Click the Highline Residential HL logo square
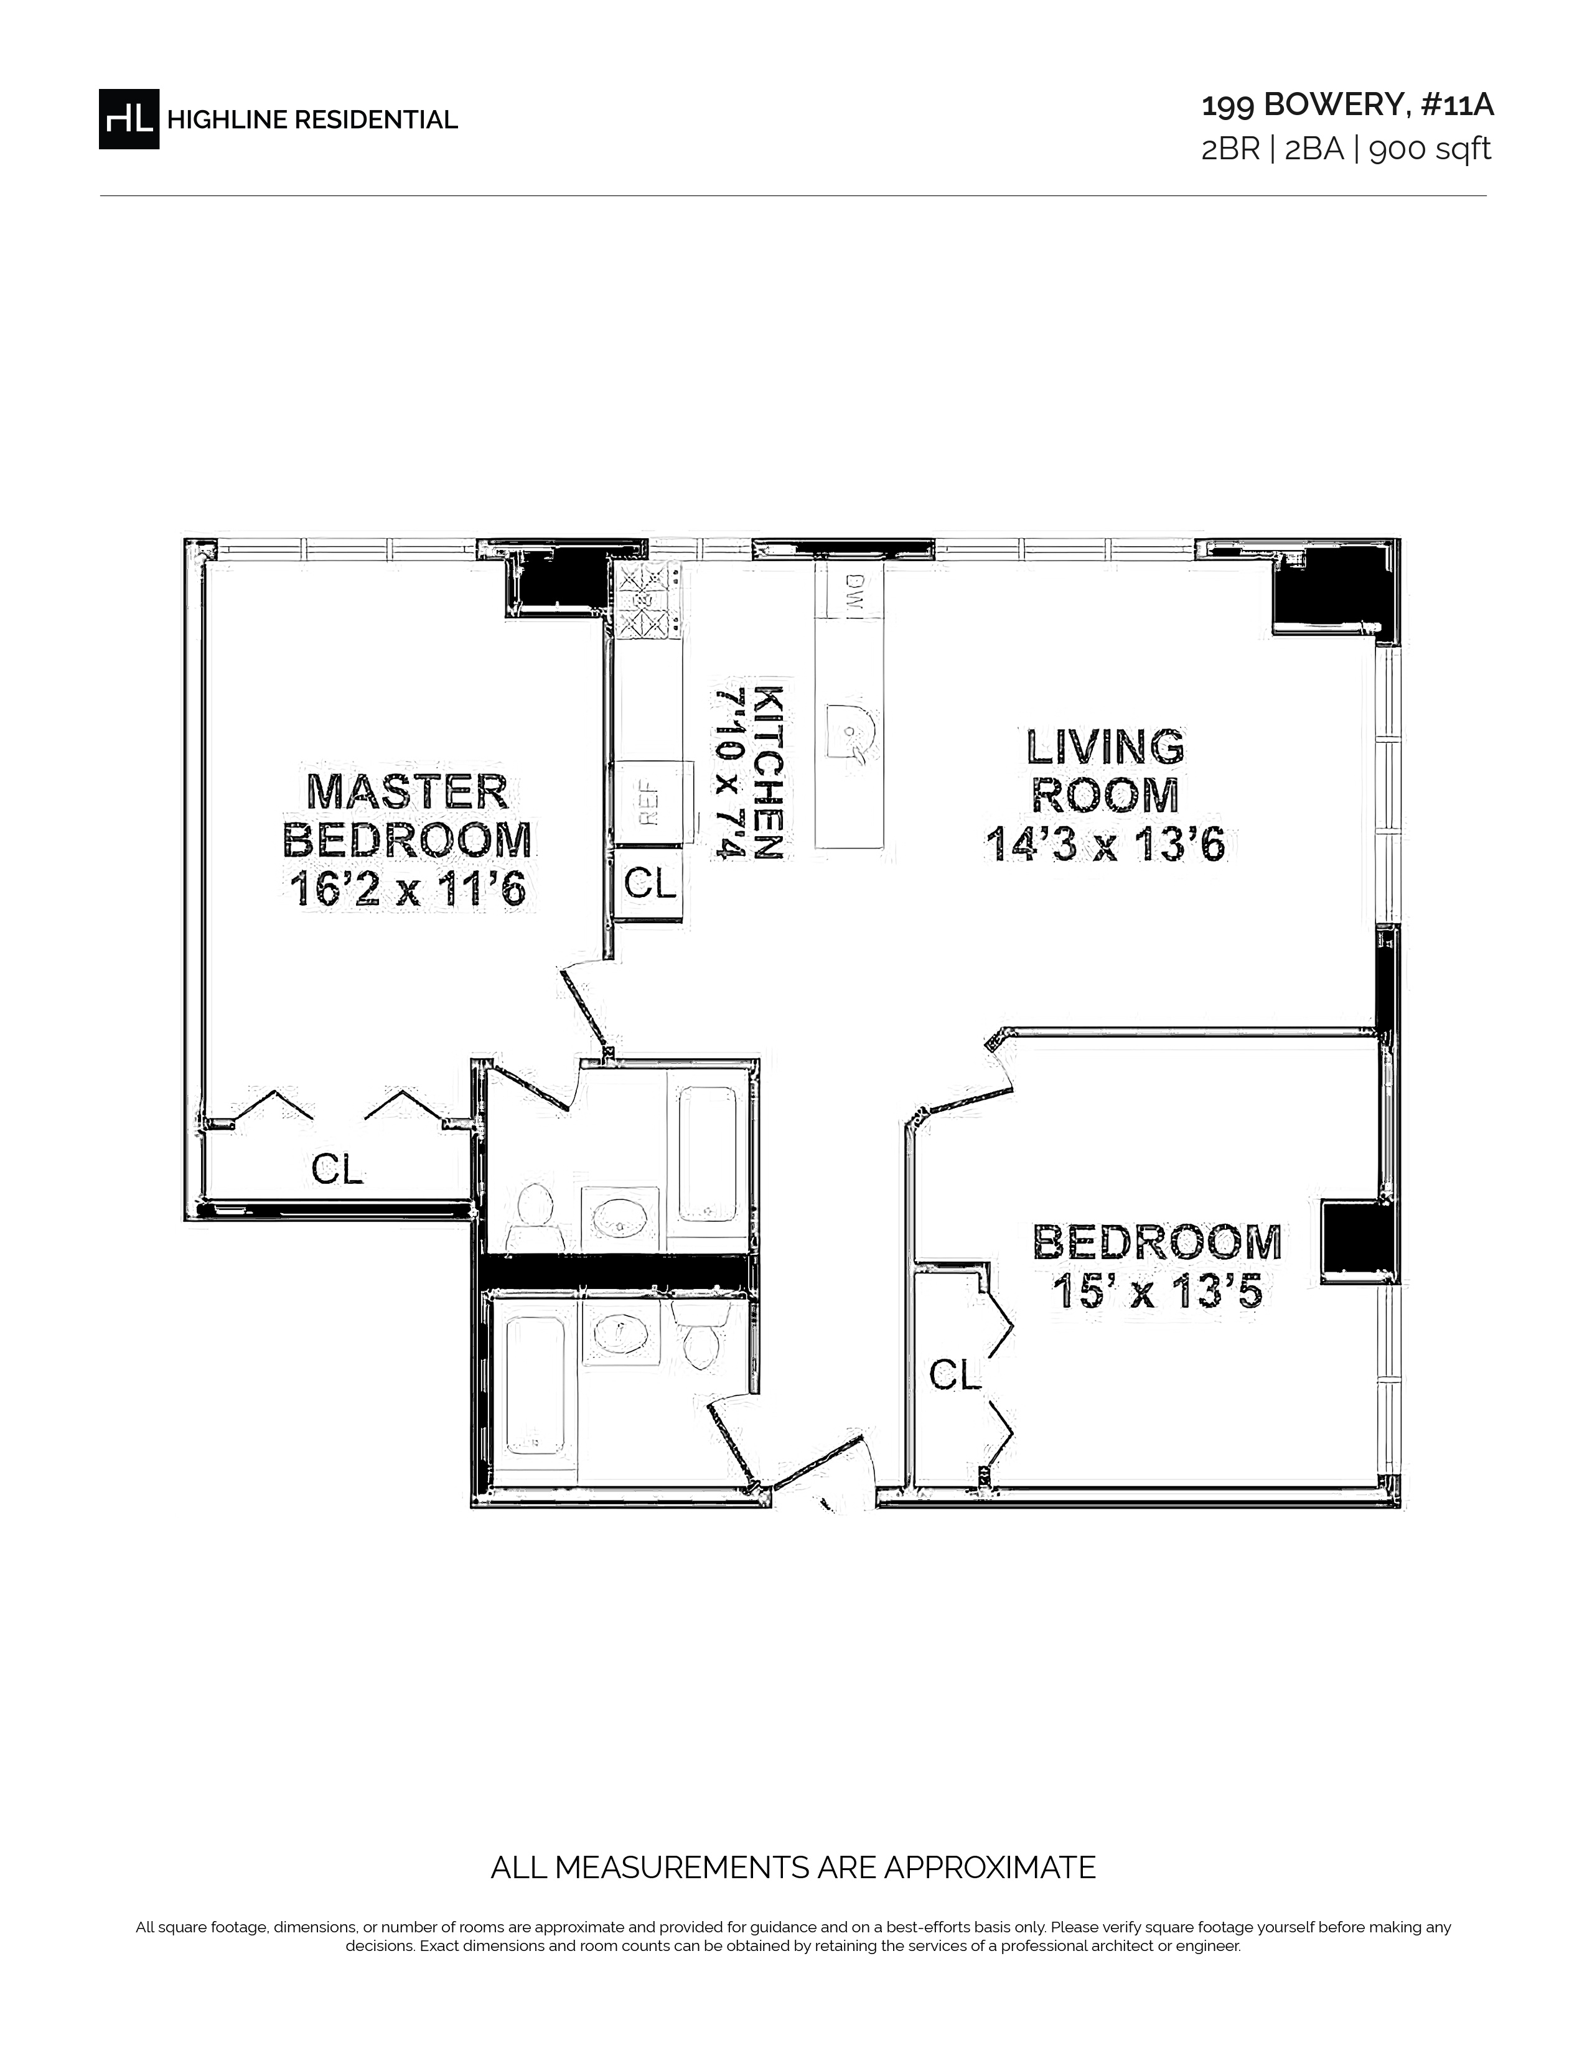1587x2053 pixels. point(129,118)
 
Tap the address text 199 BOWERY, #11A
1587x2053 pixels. point(1347,105)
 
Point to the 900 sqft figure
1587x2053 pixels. point(1430,149)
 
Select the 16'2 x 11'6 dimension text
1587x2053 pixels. point(408,889)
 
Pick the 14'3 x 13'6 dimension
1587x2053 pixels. point(1106,844)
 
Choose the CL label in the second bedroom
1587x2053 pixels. point(955,1376)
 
